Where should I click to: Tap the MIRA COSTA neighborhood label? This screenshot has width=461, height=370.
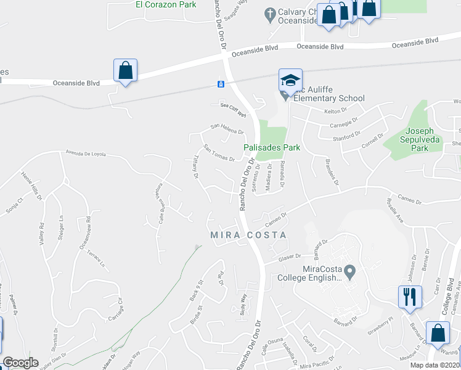tap(248, 235)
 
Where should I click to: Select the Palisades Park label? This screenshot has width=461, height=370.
tap(272, 148)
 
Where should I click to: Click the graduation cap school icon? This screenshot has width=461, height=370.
tap(290, 80)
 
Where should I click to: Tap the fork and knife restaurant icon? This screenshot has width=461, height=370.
tap(409, 296)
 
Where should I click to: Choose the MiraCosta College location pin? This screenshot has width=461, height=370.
tap(350, 271)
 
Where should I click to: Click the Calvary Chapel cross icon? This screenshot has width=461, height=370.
tap(269, 13)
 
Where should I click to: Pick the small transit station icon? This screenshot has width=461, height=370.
tap(220, 84)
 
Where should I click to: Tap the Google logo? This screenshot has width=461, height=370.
tap(20, 363)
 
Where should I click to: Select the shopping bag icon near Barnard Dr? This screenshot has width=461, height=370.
tap(436, 334)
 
